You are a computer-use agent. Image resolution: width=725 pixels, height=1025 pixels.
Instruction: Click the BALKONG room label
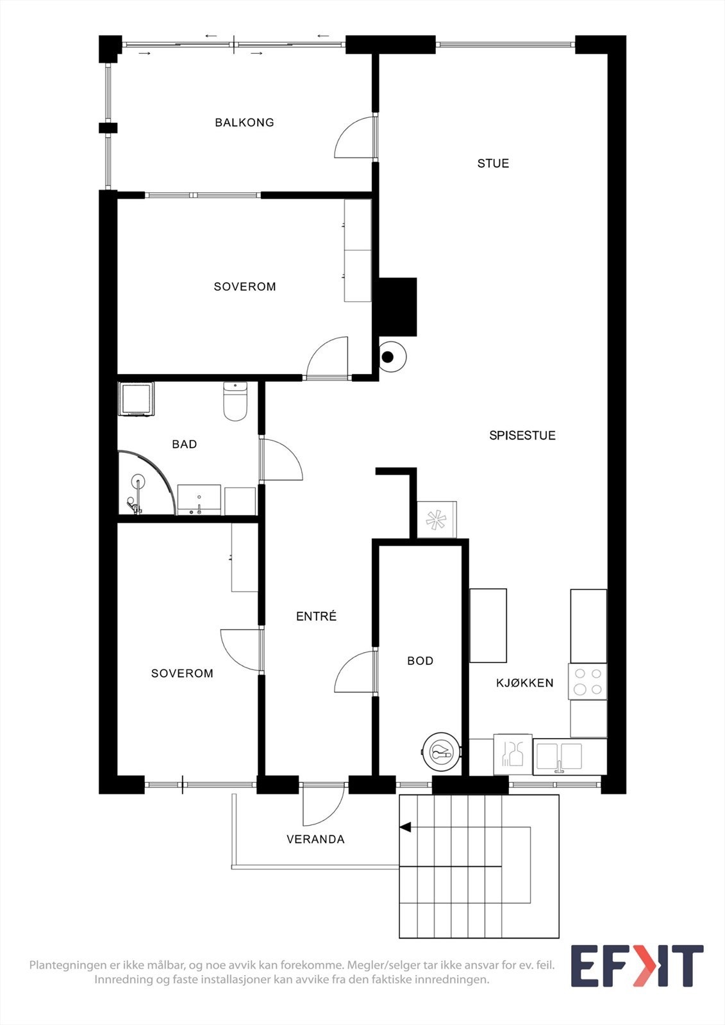point(244,122)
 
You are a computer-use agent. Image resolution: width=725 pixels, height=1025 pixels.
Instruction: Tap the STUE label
point(493,163)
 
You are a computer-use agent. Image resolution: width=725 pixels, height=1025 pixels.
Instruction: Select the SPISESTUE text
point(522,436)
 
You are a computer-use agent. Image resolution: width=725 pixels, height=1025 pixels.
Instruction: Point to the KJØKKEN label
point(524,683)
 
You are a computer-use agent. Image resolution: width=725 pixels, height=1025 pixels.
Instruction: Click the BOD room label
point(420,661)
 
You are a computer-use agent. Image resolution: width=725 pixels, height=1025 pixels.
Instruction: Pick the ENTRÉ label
point(316,616)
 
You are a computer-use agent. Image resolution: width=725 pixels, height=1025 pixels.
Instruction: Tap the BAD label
point(184,445)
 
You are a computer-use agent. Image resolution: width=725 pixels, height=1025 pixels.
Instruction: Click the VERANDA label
point(315,839)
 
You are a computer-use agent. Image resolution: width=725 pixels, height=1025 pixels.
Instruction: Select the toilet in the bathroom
point(235,401)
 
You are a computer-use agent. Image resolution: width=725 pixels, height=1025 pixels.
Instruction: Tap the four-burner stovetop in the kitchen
point(588,682)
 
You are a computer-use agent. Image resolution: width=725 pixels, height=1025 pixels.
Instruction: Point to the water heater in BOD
point(441,751)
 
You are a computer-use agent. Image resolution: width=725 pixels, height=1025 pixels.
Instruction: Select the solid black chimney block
point(398,307)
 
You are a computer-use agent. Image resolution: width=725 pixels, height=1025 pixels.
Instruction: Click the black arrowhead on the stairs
point(405,828)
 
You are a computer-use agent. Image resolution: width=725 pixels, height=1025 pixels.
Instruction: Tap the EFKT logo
point(636,966)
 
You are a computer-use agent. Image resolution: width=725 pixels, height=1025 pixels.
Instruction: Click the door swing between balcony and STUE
point(354,138)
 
